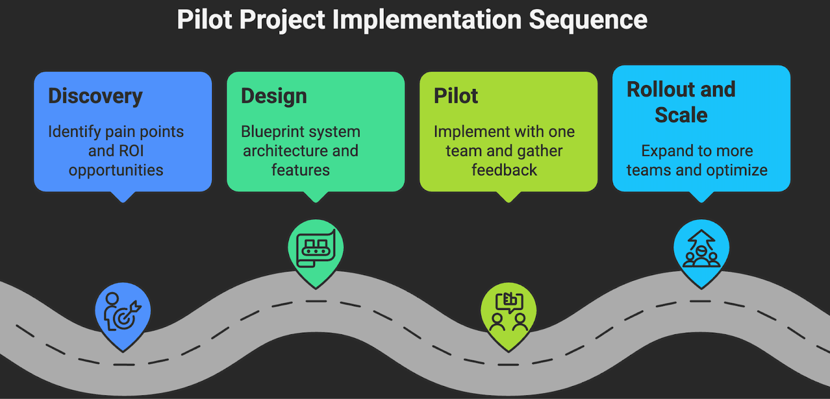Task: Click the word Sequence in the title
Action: click(588, 21)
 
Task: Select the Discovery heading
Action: click(95, 96)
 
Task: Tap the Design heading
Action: click(274, 96)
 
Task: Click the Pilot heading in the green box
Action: click(455, 96)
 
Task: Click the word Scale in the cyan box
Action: click(681, 115)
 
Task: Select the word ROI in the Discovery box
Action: click(131, 151)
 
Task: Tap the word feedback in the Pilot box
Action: click(504, 170)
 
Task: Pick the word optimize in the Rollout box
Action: click(737, 170)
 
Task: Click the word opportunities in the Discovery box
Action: click(116, 170)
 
